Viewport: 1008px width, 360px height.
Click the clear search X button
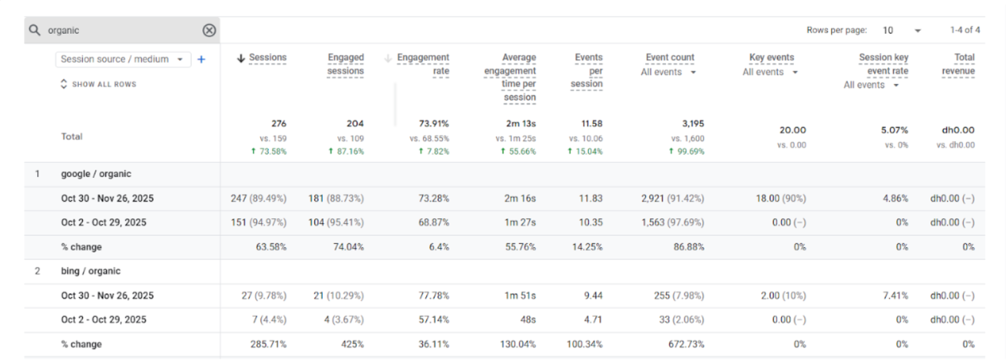(209, 30)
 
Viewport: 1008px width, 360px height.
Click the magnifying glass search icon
(34, 30)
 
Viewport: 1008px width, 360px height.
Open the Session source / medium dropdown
(123, 60)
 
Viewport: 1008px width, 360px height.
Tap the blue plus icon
(201, 60)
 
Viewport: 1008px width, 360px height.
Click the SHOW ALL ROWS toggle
(99, 84)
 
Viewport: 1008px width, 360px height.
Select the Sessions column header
(267, 58)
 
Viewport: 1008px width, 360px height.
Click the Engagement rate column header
(422, 64)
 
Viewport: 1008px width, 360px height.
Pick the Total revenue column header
(958, 64)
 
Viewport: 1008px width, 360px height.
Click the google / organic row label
(96, 174)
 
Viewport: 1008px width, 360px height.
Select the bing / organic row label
(90, 271)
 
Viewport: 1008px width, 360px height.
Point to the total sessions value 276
(279, 123)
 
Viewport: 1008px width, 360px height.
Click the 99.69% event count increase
(687, 152)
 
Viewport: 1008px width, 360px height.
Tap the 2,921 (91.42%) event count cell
(672, 198)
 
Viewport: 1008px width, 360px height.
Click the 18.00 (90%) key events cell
(781, 198)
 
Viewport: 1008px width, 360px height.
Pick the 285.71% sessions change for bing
(268, 344)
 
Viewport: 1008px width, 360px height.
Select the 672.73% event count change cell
(686, 344)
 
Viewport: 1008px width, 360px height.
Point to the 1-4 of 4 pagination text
(965, 30)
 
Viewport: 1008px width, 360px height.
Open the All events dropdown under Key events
(770, 72)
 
